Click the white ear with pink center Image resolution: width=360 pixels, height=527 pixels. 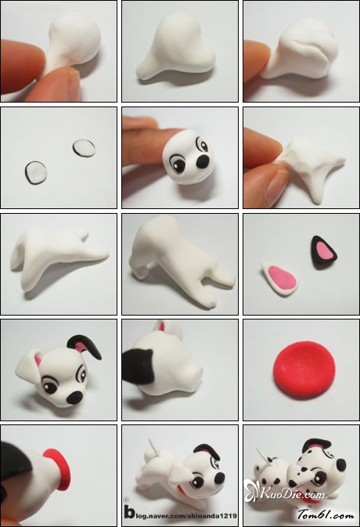(x=279, y=278)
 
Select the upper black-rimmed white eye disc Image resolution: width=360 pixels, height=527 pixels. (x=83, y=148)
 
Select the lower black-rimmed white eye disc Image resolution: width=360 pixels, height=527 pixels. (x=36, y=172)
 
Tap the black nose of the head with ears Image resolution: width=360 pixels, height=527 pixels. (x=74, y=398)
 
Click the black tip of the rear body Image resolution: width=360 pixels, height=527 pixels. (x=138, y=366)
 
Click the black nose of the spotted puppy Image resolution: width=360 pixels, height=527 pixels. (x=340, y=467)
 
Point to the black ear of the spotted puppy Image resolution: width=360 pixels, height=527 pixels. (x=315, y=444)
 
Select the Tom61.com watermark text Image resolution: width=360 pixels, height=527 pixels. (x=326, y=514)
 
